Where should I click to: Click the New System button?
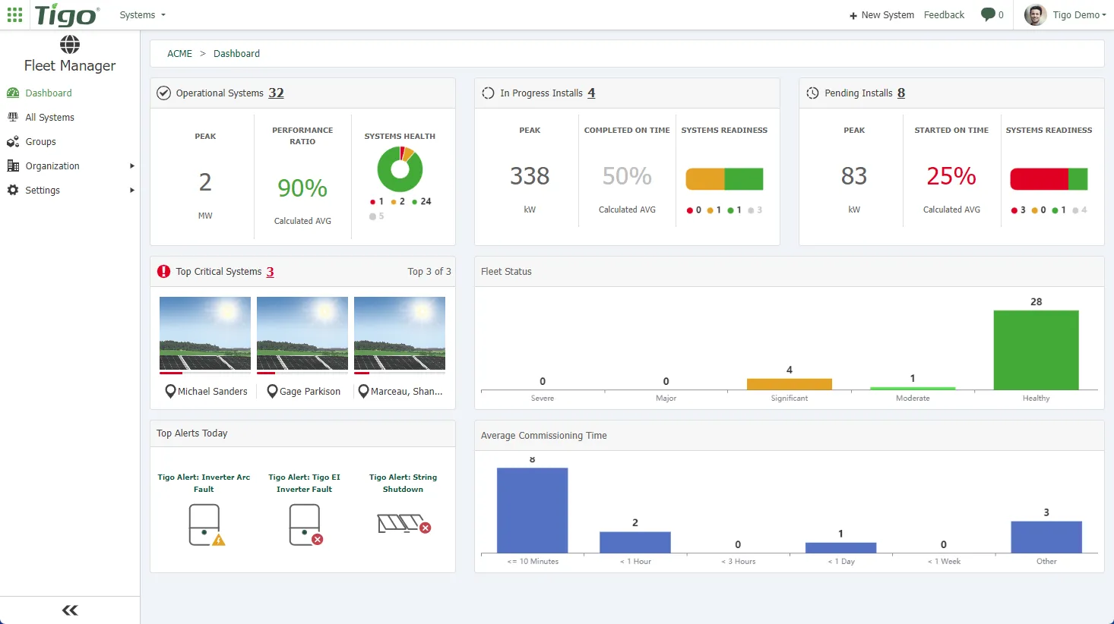(881, 15)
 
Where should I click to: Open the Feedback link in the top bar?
(944, 15)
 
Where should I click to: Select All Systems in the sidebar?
(49, 118)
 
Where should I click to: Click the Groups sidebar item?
(40, 142)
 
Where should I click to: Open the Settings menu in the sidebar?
(43, 191)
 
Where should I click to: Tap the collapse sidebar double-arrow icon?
(70, 610)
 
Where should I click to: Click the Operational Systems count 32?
(276, 93)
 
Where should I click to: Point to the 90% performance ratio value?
(302, 188)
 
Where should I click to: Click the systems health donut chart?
(400, 169)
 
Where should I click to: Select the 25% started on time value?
(951, 176)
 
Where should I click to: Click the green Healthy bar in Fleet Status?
(1036, 350)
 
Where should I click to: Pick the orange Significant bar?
(789, 384)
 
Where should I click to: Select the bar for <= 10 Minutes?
(532, 510)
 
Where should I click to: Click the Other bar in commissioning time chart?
(1046, 537)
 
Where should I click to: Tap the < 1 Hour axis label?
(635, 562)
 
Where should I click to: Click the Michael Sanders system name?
(212, 392)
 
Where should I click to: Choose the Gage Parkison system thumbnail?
(302, 333)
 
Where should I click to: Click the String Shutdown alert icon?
(404, 524)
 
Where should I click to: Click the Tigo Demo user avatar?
(1035, 15)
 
